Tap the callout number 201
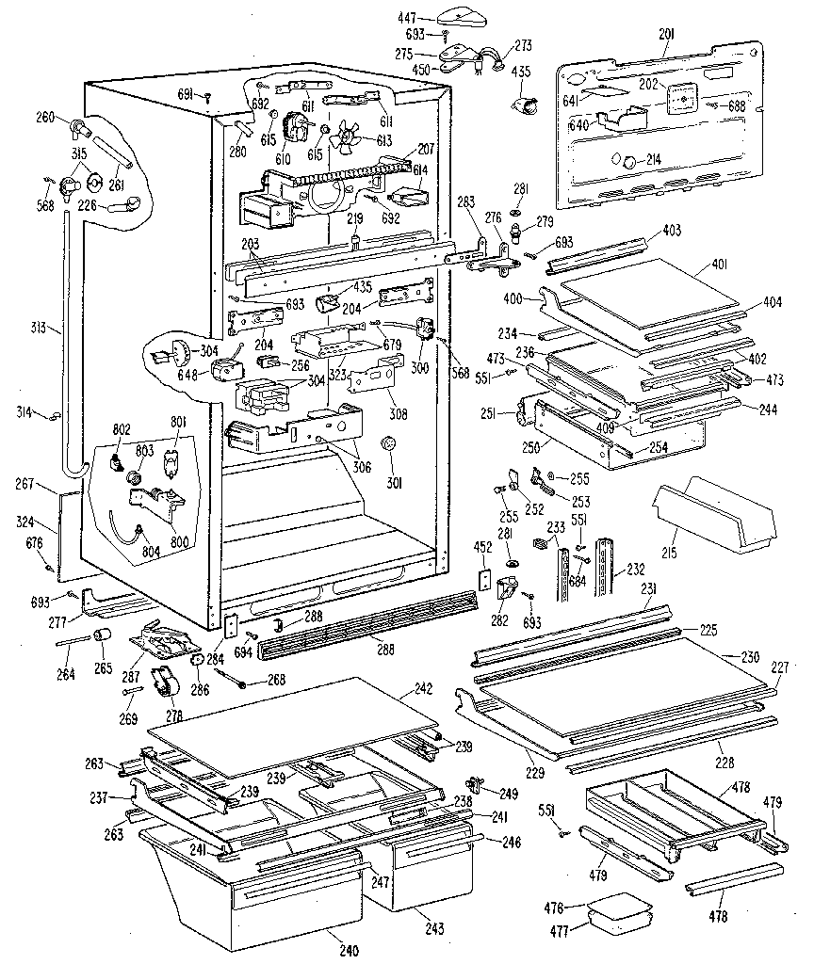tap(666, 35)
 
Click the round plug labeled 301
tap(386, 445)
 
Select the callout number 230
tap(750, 656)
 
